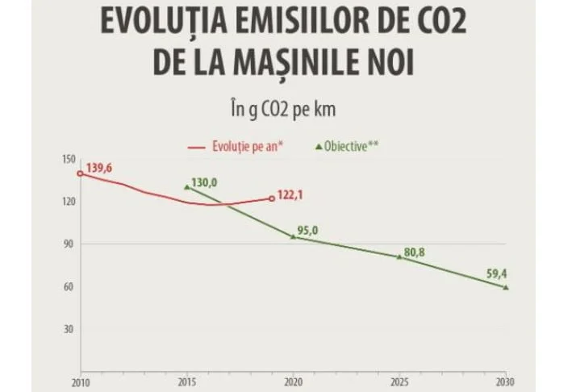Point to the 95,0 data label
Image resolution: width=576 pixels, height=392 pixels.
pyautogui.click(x=307, y=231)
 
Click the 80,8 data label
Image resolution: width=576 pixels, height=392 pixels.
pyautogui.click(x=415, y=252)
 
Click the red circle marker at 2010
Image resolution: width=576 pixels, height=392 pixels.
pyautogui.click(x=80, y=173)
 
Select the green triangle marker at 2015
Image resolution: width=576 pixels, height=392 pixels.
pyautogui.click(x=187, y=187)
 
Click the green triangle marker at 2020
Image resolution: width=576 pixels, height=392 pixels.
pyautogui.click(x=293, y=237)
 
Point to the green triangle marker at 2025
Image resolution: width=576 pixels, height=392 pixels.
pyautogui.click(x=399, y=256)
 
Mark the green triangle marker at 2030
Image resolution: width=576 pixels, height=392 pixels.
pyautogui.click(x=506, y=287)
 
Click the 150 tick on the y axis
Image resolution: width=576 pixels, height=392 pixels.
pyautogui.click(x=67, y=159)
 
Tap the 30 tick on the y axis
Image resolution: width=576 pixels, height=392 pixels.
pyautogui.click(x=69, y=329)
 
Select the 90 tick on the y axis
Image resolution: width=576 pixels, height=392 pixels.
pyautogui.click(x=69, y=244)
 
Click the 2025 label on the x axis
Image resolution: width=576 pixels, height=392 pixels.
pyautogui.click(x=399, y=381)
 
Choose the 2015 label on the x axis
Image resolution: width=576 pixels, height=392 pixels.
pyautogui.click(x=186, y=381)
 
